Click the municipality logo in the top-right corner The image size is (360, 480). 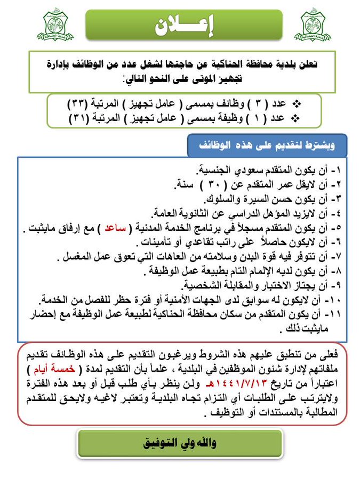tap(313, 25)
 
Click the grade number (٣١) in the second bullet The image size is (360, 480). tap(79, 117)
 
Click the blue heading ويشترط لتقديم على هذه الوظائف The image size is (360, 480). tap(267, 145)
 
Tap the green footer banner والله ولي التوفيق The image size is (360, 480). tap(179, 443)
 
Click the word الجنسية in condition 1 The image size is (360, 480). tap(216, 171)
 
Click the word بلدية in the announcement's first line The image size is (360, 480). tap(284, 64)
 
